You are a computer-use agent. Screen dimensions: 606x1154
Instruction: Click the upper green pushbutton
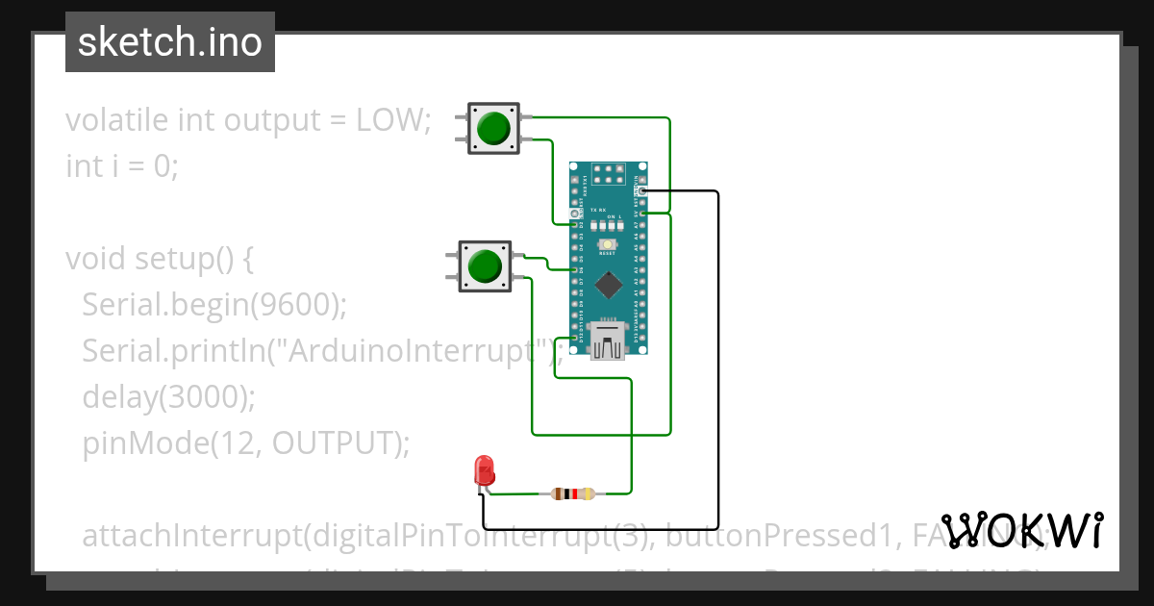[493, 128]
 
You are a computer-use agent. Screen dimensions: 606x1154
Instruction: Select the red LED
[484, 471]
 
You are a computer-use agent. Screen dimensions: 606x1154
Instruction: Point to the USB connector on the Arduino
[608, 341]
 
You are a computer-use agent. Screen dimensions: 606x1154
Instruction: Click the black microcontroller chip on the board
[608, 284]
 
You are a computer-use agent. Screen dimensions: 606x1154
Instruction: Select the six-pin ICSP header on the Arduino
[608, 173]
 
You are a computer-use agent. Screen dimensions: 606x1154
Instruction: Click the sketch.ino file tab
[170, 42]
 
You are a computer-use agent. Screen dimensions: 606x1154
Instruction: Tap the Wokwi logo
[1021, 530]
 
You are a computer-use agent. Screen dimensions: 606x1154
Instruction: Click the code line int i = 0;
[122, 166]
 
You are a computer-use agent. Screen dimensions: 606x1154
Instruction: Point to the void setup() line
[159, 259]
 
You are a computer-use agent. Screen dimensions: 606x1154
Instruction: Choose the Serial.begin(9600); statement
[213, 305]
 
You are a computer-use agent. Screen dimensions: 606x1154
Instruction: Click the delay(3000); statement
[169, 396]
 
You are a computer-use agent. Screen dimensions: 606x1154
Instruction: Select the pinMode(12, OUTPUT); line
[246, 442]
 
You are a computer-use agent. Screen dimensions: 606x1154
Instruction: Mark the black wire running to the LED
[717, 385]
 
